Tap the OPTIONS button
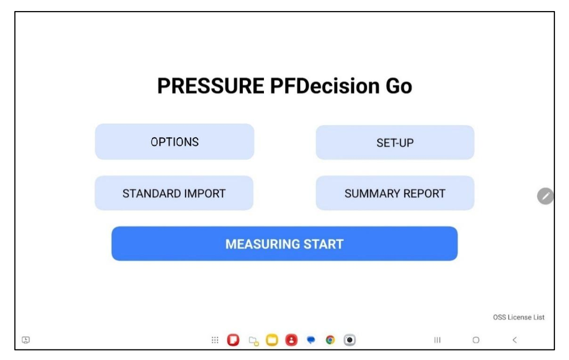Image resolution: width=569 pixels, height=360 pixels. coord(175,142)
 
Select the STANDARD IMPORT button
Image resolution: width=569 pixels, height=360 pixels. coord(174,193)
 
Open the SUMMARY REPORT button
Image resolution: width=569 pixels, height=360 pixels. coord(395,193)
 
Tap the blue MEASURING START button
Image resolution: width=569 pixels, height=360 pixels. coord(285,244)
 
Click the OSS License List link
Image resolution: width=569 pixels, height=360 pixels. coord(518,317)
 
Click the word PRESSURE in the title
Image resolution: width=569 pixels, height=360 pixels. coord(211,86)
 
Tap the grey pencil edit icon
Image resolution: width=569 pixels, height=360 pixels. coord(545,196)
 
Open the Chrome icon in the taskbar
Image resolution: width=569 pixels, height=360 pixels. coord(330,340)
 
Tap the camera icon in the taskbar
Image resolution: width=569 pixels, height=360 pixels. coord(349,340)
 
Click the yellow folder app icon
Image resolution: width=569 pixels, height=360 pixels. coord(272,340)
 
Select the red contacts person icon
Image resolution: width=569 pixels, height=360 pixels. coord(292,340)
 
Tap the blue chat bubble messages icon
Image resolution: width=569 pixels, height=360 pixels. coord(311,340)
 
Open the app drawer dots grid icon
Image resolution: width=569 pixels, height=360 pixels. coord(215,340)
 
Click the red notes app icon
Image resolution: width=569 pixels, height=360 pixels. coord(233,340)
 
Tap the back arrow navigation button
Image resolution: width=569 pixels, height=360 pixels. coord(515,340)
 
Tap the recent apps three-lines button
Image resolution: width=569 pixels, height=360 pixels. coord(437,340)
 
